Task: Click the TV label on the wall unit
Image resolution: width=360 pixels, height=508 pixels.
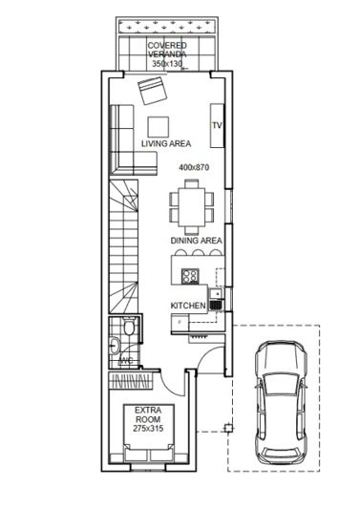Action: click(217, 125)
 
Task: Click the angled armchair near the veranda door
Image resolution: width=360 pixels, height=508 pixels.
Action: click(152, 92)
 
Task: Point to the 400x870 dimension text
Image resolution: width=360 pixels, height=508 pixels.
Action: click(194, 167)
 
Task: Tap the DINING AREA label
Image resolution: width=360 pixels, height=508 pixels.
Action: click(196, 242)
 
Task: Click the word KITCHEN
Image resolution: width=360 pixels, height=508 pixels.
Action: click(188, 306)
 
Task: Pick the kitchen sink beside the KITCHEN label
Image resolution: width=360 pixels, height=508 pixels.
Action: click(216, 306)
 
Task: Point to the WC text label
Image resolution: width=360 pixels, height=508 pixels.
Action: click(123, 361)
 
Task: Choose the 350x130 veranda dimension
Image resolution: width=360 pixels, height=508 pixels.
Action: click(166, 64)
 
